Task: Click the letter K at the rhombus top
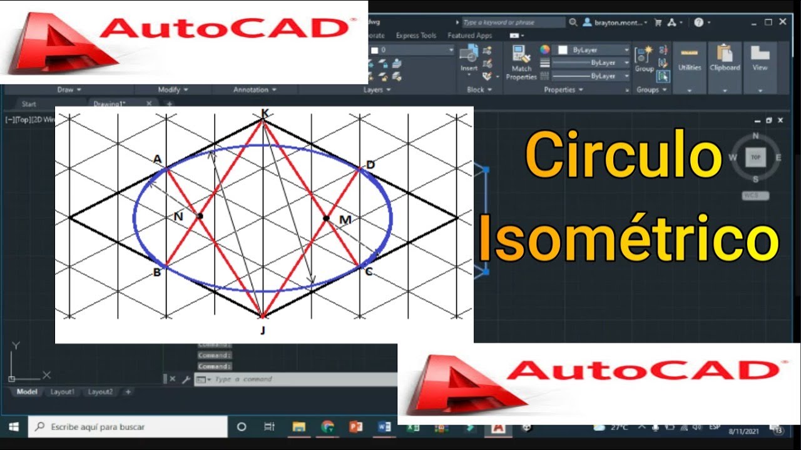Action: (265, 113)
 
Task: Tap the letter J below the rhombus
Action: (263, 330)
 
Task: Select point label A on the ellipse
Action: (158, 159)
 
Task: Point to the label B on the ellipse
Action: (157, 272)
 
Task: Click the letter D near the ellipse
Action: (370, 165)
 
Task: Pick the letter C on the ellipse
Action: (369, 271)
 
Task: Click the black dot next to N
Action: (200, 216)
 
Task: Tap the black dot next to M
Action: (326, 218)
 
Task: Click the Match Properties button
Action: (521, 62)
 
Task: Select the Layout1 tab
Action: (63, 392)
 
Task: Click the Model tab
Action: (27, 392)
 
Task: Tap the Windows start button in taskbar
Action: (14, 427)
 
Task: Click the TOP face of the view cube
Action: (755, 157)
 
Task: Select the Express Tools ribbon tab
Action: (416, 36)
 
